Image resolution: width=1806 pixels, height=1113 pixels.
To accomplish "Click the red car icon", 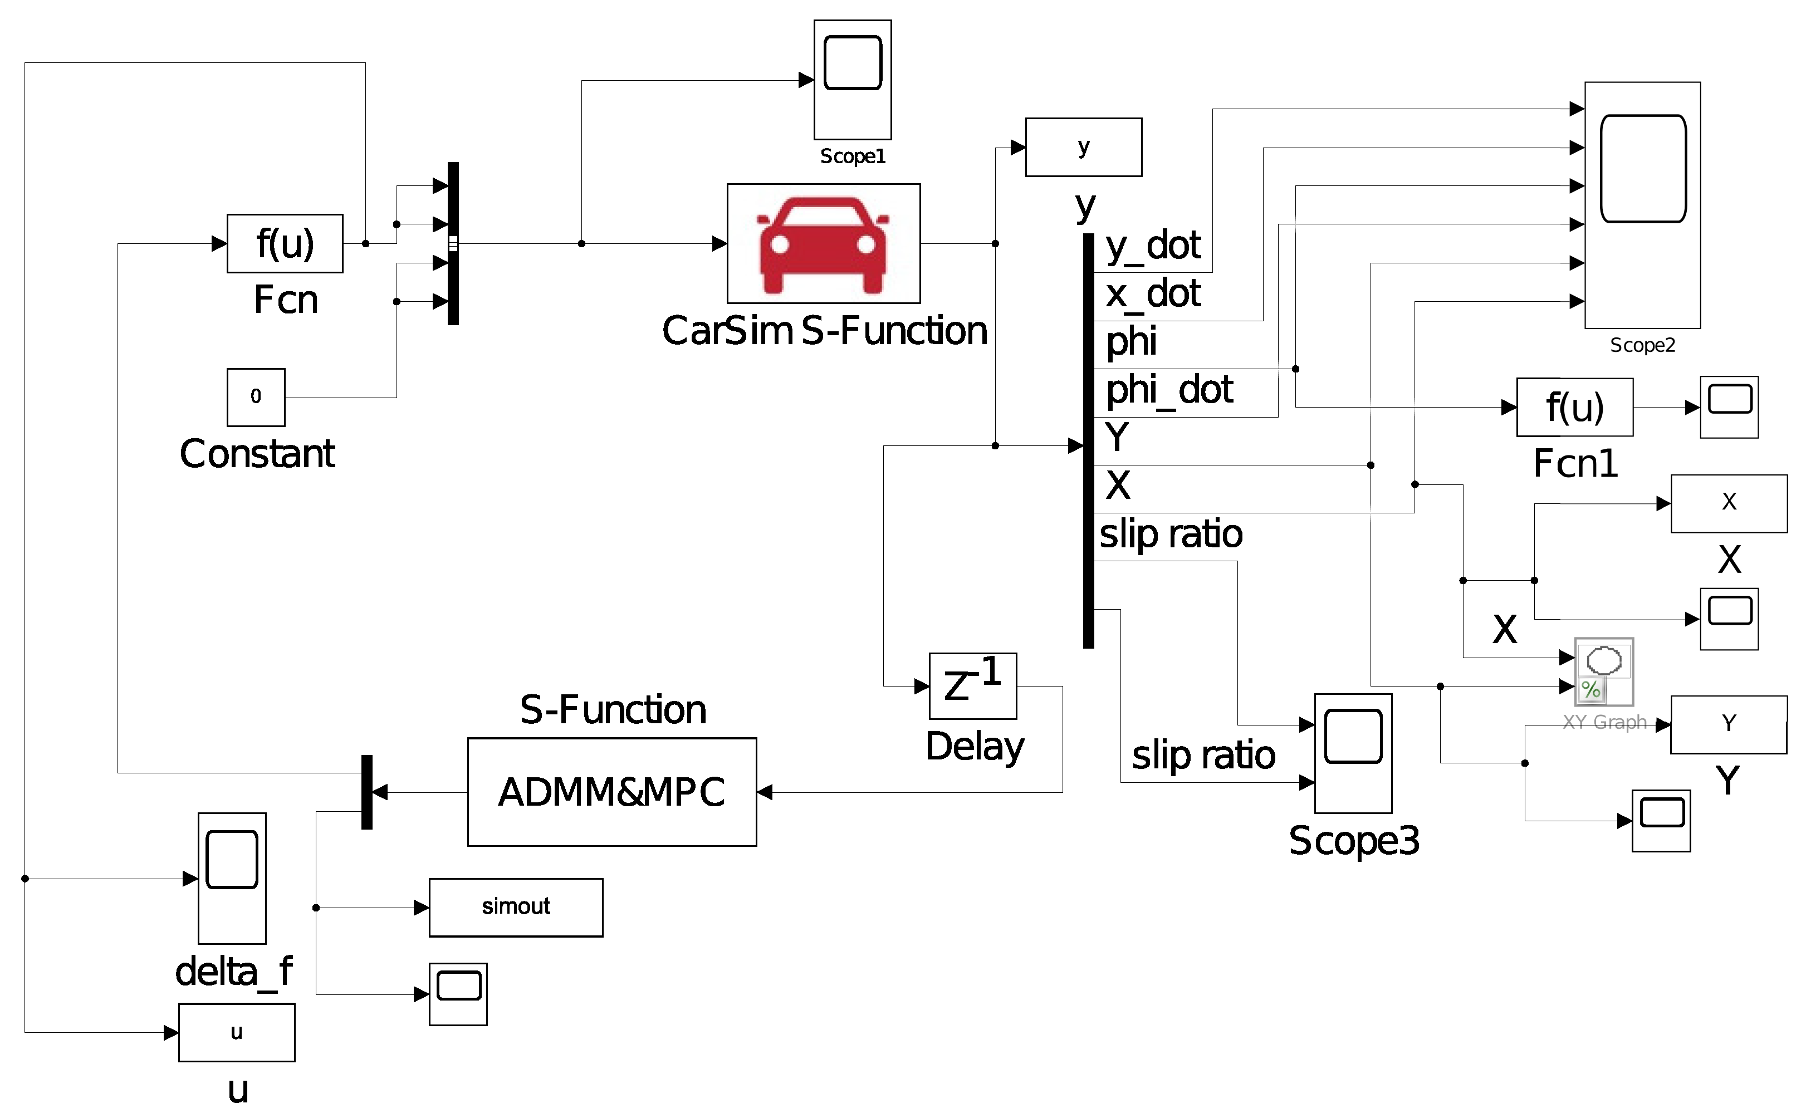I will (x=823, y=244).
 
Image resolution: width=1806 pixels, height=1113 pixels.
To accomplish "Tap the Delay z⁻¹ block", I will (x=972, y=686).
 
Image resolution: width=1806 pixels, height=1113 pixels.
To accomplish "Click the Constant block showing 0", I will (x=256, y=398).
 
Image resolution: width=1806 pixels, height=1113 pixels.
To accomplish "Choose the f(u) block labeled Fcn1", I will (x=1574, y=407).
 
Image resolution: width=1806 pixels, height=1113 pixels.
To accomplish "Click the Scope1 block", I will (x=852, y=80).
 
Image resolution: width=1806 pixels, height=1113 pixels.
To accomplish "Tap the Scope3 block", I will (x=1353, y=753).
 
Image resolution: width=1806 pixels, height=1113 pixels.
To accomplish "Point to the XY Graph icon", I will (x=1603, y=671).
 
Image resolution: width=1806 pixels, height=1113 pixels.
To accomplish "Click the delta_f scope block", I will (x=232, y=878).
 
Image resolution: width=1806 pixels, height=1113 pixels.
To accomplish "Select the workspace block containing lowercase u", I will (x=236, y=1032).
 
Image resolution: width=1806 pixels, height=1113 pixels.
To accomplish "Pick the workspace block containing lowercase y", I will (x=1083, y=147).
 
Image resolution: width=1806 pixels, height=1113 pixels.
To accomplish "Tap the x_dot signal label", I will (x=1152, y=294).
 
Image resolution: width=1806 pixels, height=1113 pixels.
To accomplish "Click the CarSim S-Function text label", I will (x=824, y=331).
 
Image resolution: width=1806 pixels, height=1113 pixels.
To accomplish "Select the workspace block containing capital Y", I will (x=1728, y=724).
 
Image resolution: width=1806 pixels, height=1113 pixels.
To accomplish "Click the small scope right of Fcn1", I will (x=1729, y=407).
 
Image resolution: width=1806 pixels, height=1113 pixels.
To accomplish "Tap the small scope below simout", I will (x=458, y=994).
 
